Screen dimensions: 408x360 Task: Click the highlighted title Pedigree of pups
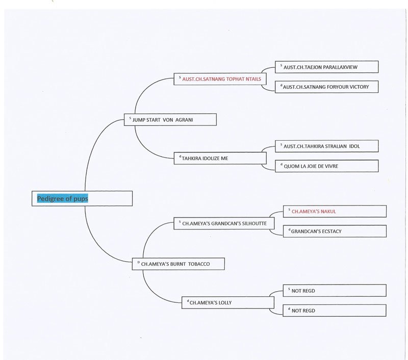(62, 198)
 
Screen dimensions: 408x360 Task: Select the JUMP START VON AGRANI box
(170, 120)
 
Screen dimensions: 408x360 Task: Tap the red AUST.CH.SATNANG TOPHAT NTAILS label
(221, 79)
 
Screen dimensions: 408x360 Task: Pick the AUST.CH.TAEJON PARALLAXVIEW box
(326, 67)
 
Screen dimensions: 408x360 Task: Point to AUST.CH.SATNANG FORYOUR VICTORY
(326, 87)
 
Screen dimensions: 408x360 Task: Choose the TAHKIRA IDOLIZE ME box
(220, 158)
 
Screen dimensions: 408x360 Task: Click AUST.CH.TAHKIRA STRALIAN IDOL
(322, 146)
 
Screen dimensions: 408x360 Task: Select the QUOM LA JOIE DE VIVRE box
(326, 166)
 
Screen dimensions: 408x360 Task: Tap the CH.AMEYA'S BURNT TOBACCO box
(178, 264)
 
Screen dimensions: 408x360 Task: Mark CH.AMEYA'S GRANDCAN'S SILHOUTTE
(224, 223)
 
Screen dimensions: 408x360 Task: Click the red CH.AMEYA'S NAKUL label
(314, 212)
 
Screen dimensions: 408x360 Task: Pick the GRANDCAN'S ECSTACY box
(335, 231)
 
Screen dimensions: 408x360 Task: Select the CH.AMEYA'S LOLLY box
(228, 302)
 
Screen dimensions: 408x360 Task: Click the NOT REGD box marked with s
(335, 290)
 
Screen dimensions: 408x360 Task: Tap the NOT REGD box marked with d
(335, 311)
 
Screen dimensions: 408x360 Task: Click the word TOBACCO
(199, 264)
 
